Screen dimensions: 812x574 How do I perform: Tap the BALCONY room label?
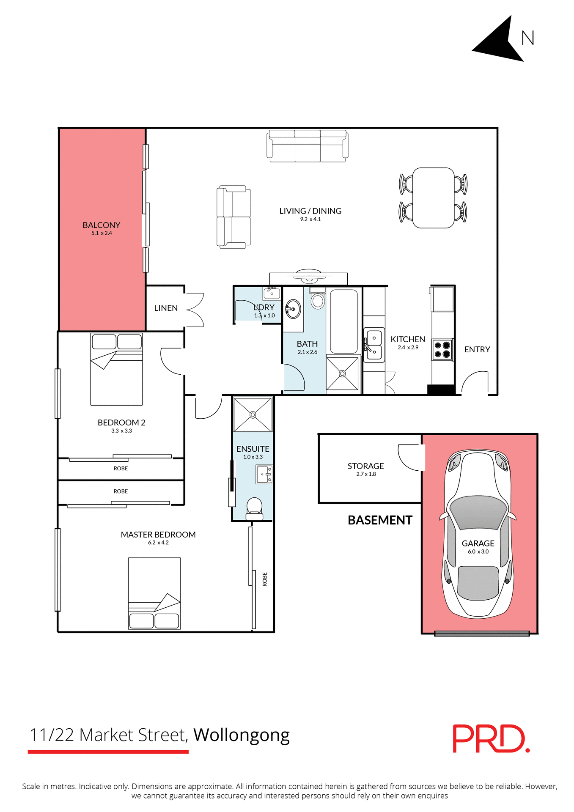(x=102, y=225)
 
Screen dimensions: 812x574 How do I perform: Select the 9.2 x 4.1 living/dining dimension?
(x=310, y=219)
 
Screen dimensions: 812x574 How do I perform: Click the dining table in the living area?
(x=433, y=198)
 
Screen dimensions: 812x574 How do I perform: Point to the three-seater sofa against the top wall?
(x=308, y=146)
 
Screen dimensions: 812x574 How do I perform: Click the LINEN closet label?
(x=166, y=308)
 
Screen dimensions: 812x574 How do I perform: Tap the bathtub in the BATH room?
(x=343, y=321)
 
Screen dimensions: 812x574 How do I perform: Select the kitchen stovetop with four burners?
(x=442, y=350)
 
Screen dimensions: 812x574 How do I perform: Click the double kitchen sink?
(x=374, y=345)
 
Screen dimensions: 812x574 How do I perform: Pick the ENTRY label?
(x=477, y=349)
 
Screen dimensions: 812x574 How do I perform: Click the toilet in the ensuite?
(x=254, y=508)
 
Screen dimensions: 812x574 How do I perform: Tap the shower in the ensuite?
(x=253, y=414)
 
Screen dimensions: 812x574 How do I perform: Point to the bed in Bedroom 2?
(x=116, y=369)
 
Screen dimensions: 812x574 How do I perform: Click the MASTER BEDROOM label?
(x=158, y=535)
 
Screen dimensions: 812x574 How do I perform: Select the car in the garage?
(x=478, y=533)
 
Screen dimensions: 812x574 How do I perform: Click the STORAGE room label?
(x=366, y=466)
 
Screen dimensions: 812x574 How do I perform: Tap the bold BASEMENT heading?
(x=380, y=520)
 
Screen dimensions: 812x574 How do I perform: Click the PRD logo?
(x=491, y=738)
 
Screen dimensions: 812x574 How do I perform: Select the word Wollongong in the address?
(x=242, y=735)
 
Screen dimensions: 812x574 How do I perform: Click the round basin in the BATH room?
(x=293, y=309)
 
